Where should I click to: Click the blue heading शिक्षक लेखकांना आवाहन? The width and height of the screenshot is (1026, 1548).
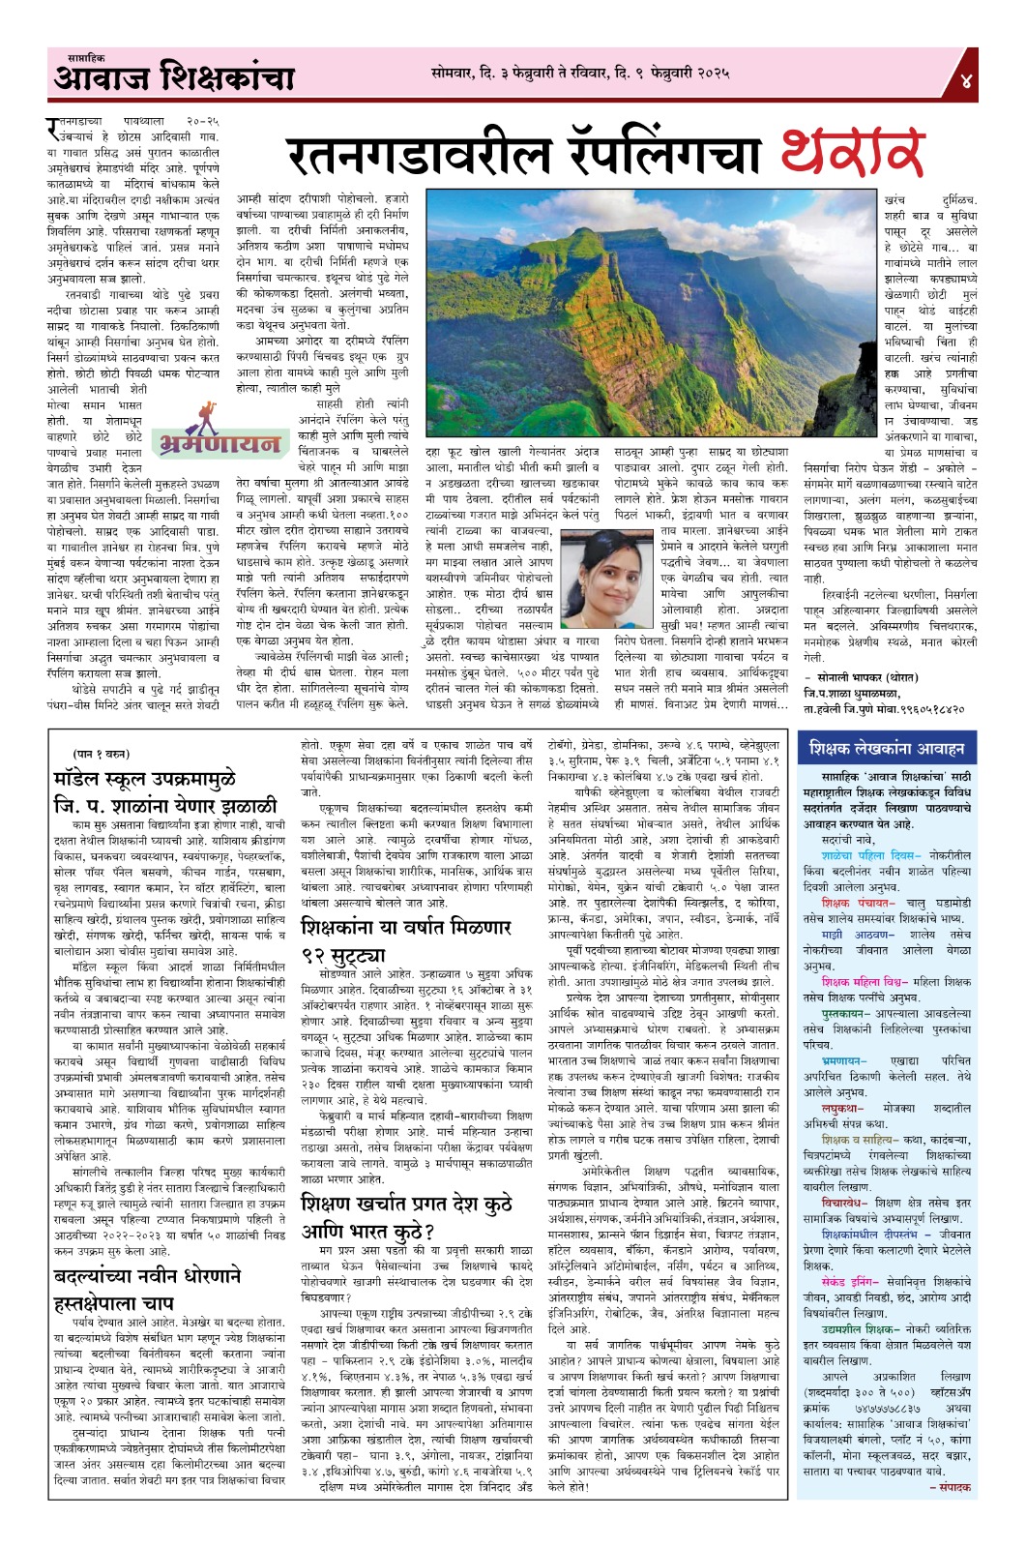pyautogui.click(x=887, y=748)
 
